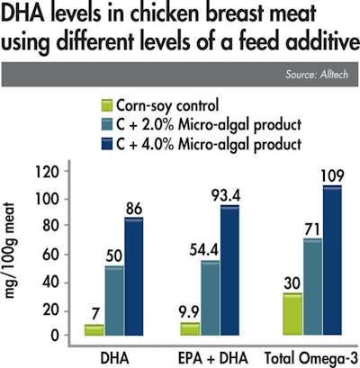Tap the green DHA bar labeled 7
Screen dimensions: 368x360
point(94,330)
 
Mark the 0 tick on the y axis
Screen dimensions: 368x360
point(58,336)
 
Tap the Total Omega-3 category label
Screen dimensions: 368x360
point(310,356)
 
